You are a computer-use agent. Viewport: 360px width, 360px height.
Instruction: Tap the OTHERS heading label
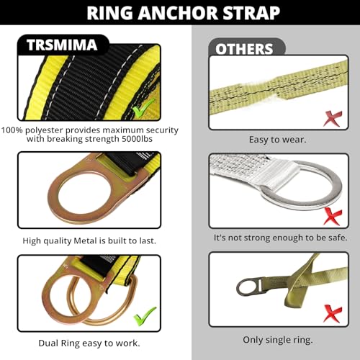[245, 49]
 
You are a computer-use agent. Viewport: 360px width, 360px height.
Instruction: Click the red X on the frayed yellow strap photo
[332, 117]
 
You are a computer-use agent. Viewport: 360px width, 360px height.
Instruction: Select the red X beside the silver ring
[332, 215]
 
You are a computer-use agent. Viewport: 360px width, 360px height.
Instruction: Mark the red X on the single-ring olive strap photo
[332, 312]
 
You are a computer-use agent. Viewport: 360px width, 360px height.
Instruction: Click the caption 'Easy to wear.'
[278, 140]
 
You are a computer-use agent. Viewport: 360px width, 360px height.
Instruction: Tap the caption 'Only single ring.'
[278, 338]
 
